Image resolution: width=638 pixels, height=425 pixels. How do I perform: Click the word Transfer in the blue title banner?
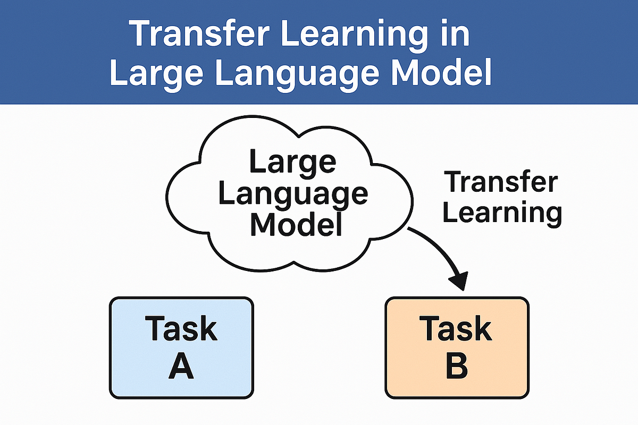click(199, 33)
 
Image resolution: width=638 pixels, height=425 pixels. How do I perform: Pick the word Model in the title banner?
click(441, 71)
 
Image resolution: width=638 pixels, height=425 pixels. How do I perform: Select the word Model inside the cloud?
click(296, 224)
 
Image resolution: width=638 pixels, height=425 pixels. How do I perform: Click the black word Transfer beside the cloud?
click(500, 181)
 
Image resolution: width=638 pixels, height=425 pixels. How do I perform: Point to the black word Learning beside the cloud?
click(502, 214)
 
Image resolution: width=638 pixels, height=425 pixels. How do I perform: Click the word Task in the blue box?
click(181, 328)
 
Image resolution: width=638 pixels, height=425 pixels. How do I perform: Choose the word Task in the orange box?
click(456, 328)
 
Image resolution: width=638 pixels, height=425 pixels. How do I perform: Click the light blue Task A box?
click(181, 347)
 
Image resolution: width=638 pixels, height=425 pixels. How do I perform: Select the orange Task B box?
click(457, 347)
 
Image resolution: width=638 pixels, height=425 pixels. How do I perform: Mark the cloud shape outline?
click(166, 197)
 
